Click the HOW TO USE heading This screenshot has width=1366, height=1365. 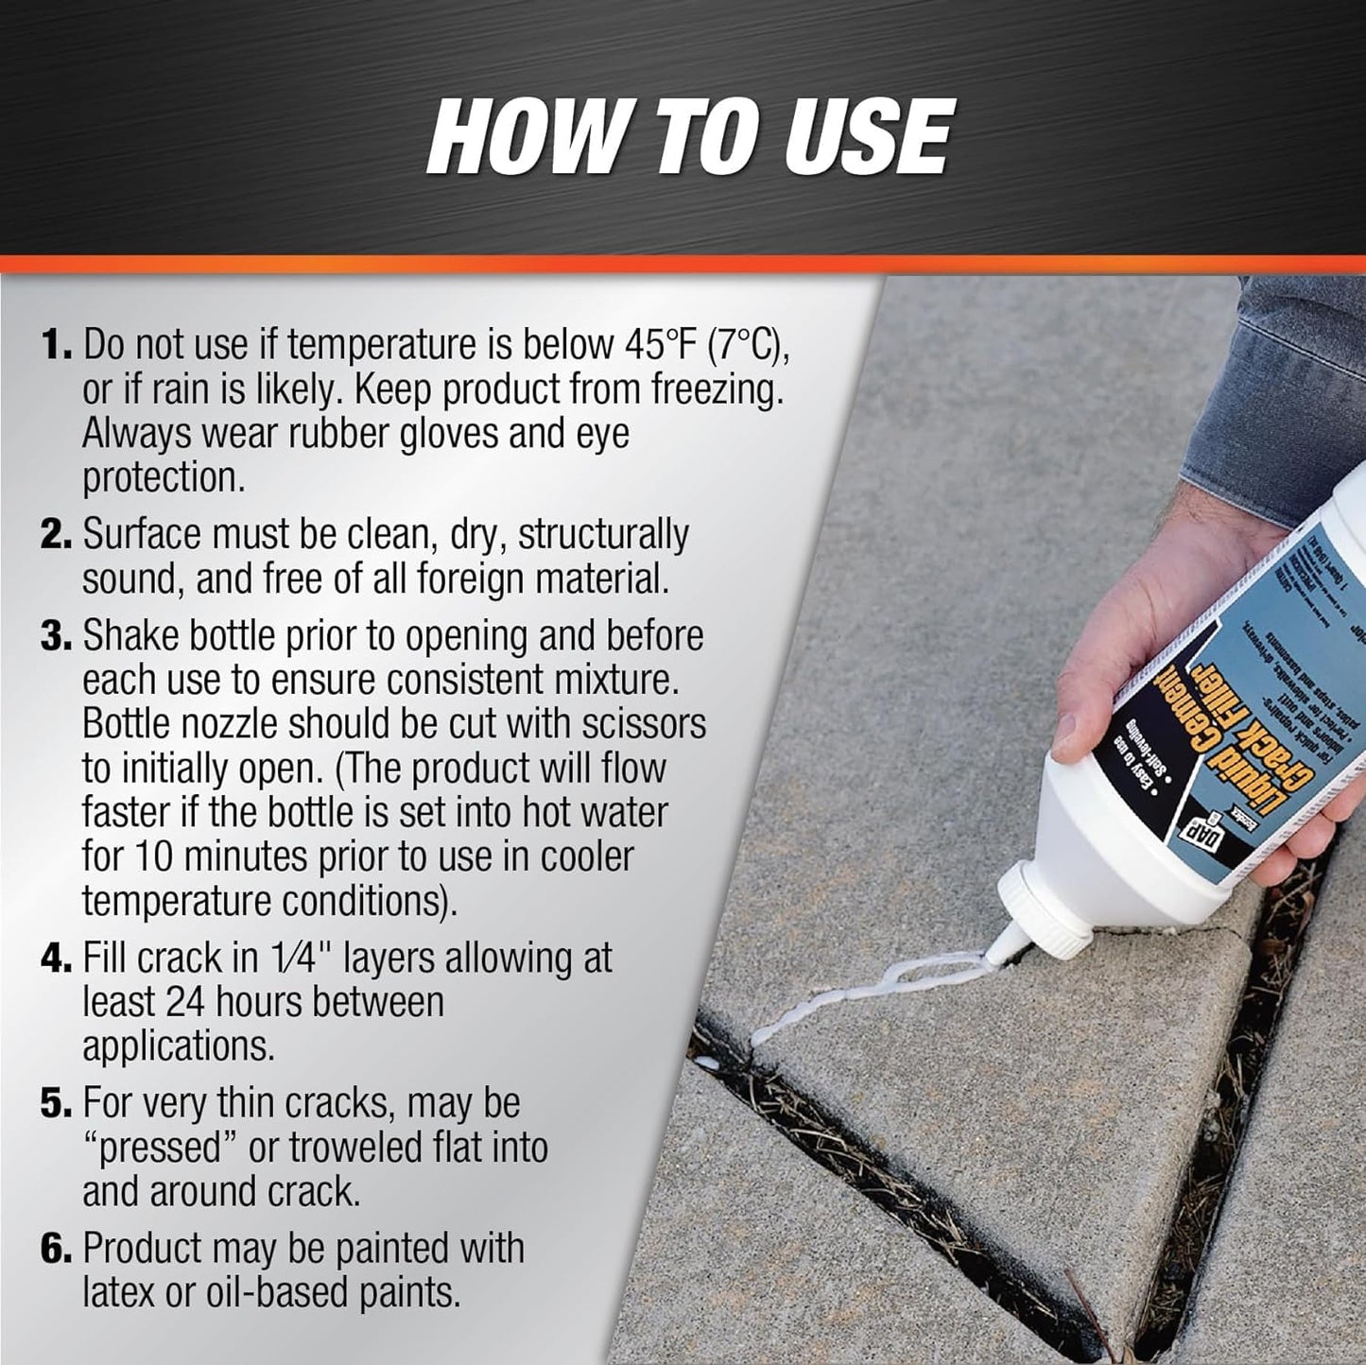coord(687,136)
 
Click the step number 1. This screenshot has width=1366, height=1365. coord(56,346)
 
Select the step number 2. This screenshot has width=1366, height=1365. coord(56,535)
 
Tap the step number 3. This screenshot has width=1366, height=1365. coord(56,637)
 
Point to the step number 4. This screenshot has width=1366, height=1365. coord(56,959)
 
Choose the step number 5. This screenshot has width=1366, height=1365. coord(56,1104)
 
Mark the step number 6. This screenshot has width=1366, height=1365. coord(56,1250)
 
